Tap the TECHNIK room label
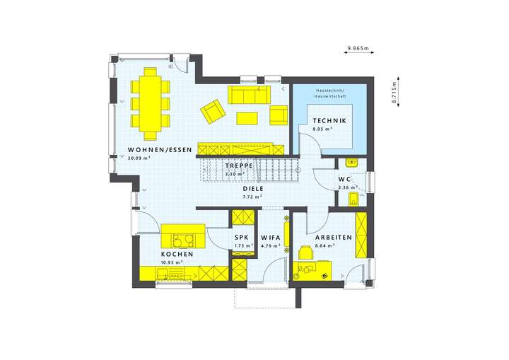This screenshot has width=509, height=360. point(329,122)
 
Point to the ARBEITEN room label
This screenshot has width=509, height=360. point(334,238)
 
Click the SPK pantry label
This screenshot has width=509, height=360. point(242,238)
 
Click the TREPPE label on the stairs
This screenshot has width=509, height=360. point(238,166)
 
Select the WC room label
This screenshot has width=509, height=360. point(345,180)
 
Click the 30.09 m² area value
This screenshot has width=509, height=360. point(140,158)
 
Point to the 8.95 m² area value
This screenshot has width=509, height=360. point(324,130)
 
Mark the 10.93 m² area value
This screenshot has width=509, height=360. point(172,262)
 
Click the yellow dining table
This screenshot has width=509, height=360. point(151,103)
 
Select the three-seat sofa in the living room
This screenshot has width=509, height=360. point(250,95)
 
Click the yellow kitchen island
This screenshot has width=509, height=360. point(183,236)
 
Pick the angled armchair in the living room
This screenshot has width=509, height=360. point(212,111)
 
